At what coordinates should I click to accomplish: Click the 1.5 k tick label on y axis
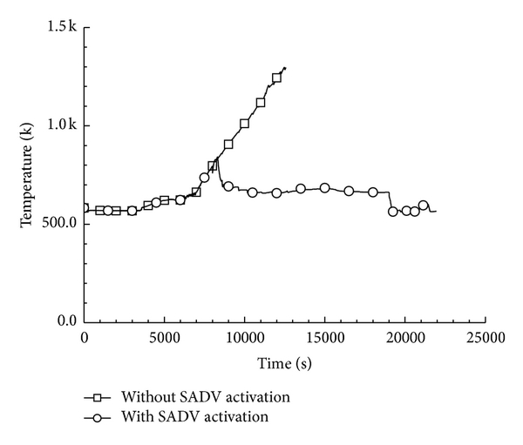[62, 27]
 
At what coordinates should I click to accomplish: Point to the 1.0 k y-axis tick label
[62, 125]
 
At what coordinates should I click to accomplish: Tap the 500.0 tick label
[59, 224]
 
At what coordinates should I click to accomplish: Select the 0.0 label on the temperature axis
[68, 322]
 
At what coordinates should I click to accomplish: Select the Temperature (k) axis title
[28, 175]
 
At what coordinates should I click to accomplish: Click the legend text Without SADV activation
[206, 397]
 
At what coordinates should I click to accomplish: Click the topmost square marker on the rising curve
[276, 78]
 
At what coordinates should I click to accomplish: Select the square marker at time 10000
[244, 124]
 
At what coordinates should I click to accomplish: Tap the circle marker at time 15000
[325, 187]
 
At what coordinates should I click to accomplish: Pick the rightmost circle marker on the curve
[424, 206]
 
